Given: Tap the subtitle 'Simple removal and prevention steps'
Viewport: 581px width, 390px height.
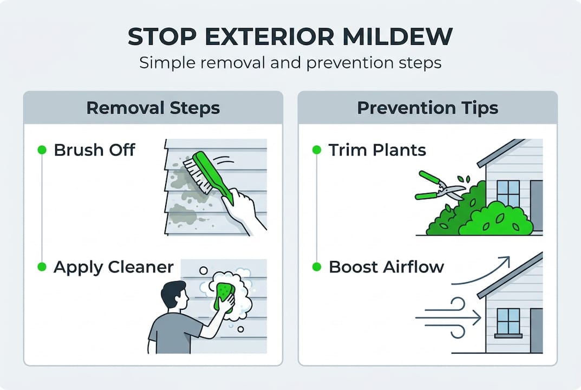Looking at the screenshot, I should click(x=290, y=62).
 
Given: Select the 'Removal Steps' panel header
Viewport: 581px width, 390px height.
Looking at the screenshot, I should click(x=153, y=107).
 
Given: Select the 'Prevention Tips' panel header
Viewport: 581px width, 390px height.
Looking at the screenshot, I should click(x=427, y=107).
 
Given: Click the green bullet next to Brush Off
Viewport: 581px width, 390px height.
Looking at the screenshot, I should click(x=42, y=150).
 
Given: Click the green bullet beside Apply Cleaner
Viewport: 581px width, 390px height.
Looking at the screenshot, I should click(x=42, y=267).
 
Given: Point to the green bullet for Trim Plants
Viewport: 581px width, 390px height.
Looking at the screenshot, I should click(x=317, y=150).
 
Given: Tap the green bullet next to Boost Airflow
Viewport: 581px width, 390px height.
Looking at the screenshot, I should click(x=317, y=267).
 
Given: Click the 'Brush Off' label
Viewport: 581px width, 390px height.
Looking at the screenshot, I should click(x=94, y=150).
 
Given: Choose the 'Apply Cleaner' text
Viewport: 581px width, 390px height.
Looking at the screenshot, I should click(x=113, y=267).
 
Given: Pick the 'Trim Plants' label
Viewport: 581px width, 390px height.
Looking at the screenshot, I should click(x=377, y=150).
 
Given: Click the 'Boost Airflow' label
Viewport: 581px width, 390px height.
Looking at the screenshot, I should click(x=386, y=267).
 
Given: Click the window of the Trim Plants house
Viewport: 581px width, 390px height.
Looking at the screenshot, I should click(x=507, y=193).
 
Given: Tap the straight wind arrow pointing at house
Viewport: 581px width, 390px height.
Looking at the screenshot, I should click(x=449, y=318).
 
